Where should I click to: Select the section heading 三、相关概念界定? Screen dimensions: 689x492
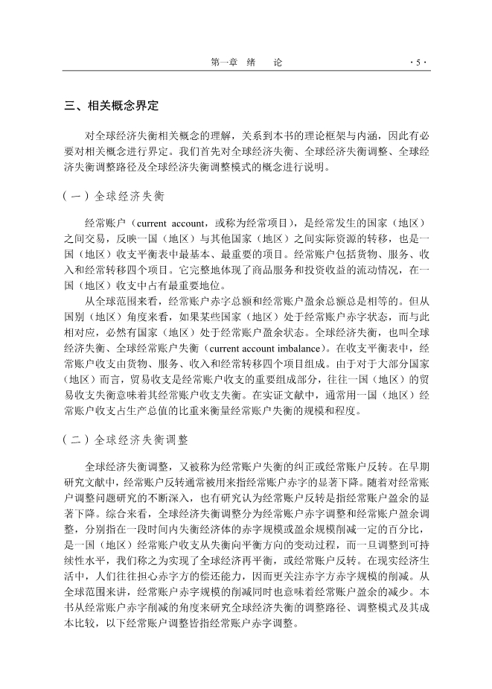(112, 106)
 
